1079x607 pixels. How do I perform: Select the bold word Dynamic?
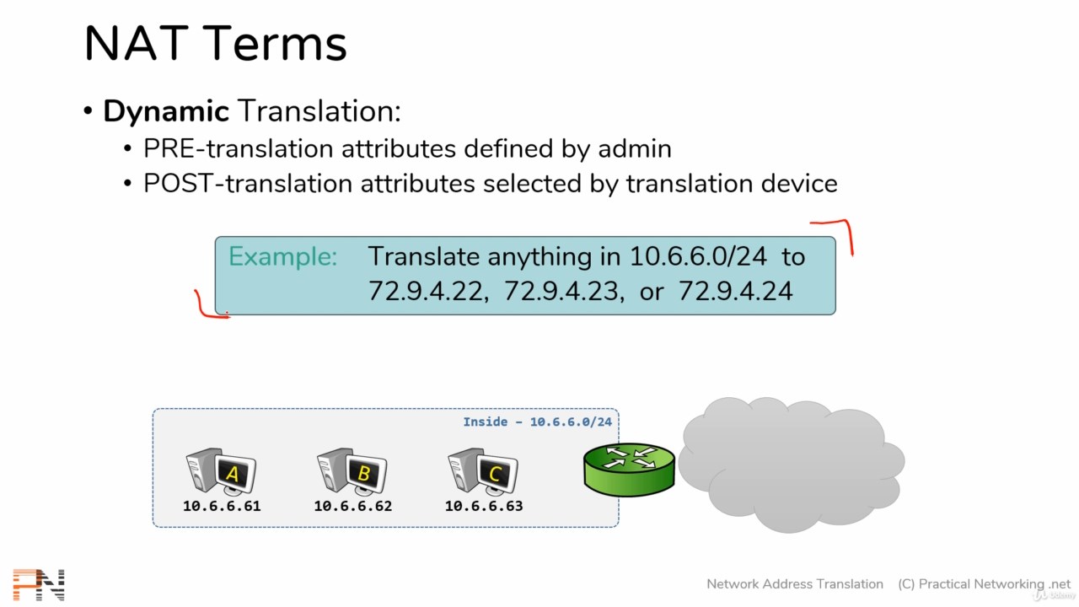click(166, 112)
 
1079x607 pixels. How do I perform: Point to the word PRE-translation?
click(238, 148)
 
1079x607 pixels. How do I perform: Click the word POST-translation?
click(248, 184)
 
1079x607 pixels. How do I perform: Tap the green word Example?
click(282, 256)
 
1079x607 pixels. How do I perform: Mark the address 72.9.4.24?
click(736, 291)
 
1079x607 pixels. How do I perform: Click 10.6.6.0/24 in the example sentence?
click(698, 256)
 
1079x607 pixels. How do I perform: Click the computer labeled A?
click(221, 471)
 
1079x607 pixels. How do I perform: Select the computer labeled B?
click(352, 471)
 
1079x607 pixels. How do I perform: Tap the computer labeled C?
click(483, 471)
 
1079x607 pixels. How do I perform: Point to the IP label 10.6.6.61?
click(222, 506)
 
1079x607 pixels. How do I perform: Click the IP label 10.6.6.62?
click(352, 506)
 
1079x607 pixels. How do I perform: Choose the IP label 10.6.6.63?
click(484, 506)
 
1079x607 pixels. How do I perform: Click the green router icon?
click(629, 470)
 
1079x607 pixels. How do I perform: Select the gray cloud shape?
click(792, 465)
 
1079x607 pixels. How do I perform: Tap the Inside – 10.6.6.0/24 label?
click(537, 422)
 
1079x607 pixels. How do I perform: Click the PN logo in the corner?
click(39, 584)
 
